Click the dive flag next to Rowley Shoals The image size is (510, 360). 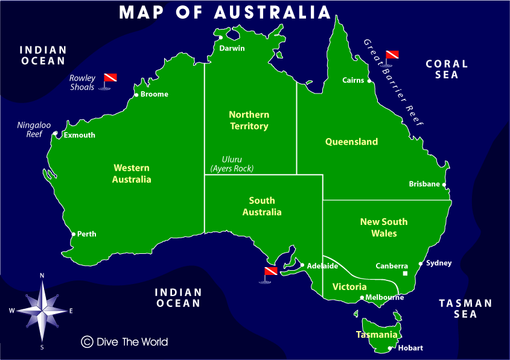tap(110, 80)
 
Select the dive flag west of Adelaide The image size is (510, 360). tap(270, 273)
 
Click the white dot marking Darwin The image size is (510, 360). tap(222, 38)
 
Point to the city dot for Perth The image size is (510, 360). tap(74, 234)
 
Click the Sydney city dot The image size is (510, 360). tap(421, 264)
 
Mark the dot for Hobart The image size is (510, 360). tap(390, 348)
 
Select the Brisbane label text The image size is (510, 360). tap(424, 184)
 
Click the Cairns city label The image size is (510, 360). tap(353, 80)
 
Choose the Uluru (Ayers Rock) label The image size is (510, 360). tap(232, 164)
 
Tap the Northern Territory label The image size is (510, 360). tap(249, 120)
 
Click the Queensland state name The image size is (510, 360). tap(351, 142)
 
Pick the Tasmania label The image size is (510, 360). tap(377, 335)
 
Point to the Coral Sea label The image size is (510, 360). tap(447, 69)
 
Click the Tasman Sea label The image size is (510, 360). tap(465, 308)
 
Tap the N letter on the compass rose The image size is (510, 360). tap(42, 276)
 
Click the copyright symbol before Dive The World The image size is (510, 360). tap(87, 342)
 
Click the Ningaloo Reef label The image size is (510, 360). tap(34, 130)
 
